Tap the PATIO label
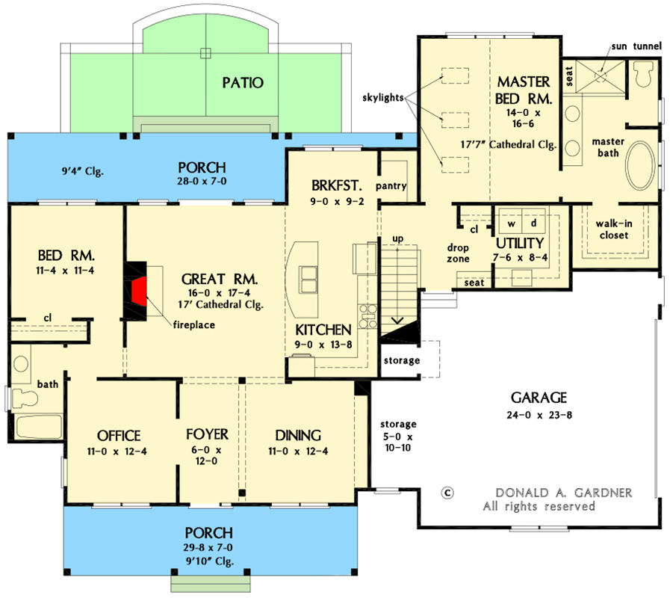pyautogui.click(x=243, y=82)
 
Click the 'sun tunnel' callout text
pyautogui.click(x=636, y=46)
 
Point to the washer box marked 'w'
pyautogui.click(x=512, y=224)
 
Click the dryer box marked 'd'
pyautogui.click(x=533, y=224)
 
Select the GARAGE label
pyautogui.click(x=539, y=398)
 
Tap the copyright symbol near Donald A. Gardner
pyautogui.click(x=448, y=493)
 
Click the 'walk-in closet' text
pyautogui.click(x=612, y=229)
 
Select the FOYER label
pyautogui.click(x=207, y=434)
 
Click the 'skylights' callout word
pyautogui.click(x=383, y=98)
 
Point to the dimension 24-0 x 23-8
pyautogui.click(x=539, y=415)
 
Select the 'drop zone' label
pyautogui.click(x=459, y=253)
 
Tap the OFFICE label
pyautogui.click(x=119, y=436)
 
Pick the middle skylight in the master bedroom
pyautogui.click(x=454, y=120)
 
